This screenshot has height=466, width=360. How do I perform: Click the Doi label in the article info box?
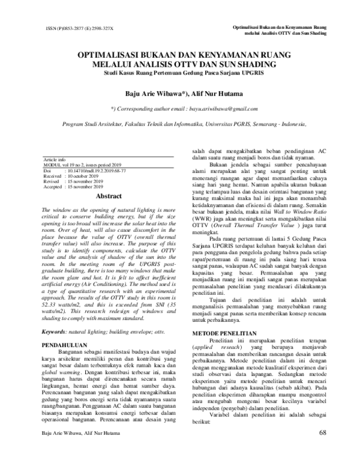[47, 171]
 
